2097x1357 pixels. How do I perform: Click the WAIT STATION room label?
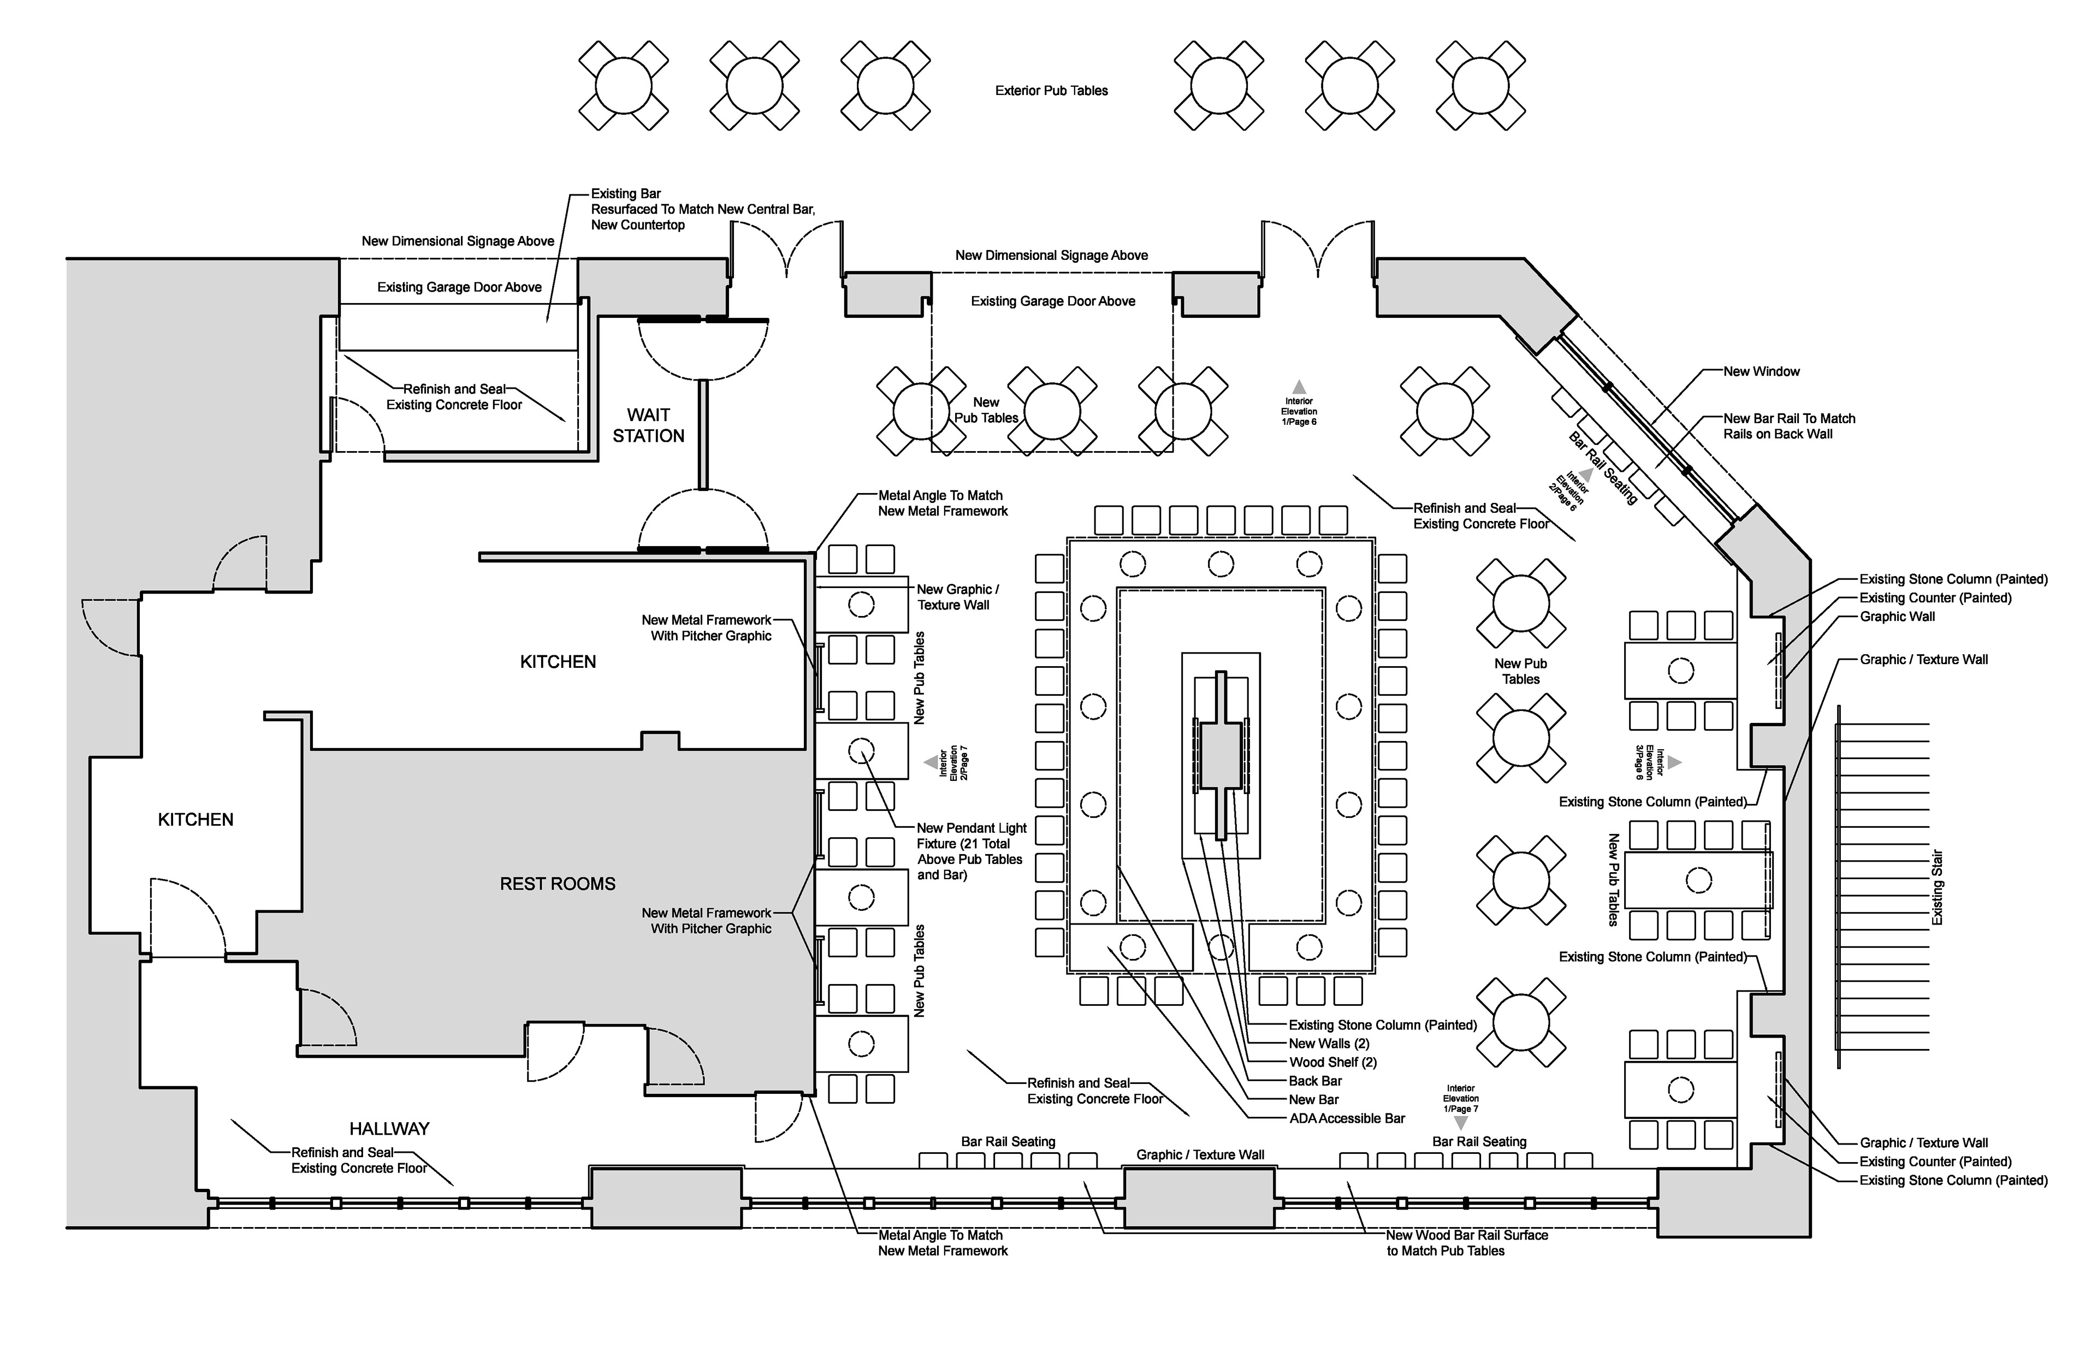(x=648, y=425)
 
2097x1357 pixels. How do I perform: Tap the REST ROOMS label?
(x=557, y=884)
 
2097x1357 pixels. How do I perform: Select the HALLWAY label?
(x=389, y=1129)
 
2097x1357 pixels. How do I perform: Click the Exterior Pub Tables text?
(x=1051, y=91)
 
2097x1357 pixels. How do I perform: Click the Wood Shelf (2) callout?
(x=1332, y=1063)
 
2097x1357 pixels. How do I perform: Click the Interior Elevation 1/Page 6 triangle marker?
(x=1299, y=387)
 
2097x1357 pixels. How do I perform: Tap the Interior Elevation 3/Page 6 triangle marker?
(x=1674, y=762)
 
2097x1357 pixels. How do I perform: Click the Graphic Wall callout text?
(x=1897, y=617)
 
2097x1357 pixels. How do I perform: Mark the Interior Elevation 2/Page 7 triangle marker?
(x=929, y=762)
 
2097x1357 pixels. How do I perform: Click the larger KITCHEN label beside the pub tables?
(x=558, y=662)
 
